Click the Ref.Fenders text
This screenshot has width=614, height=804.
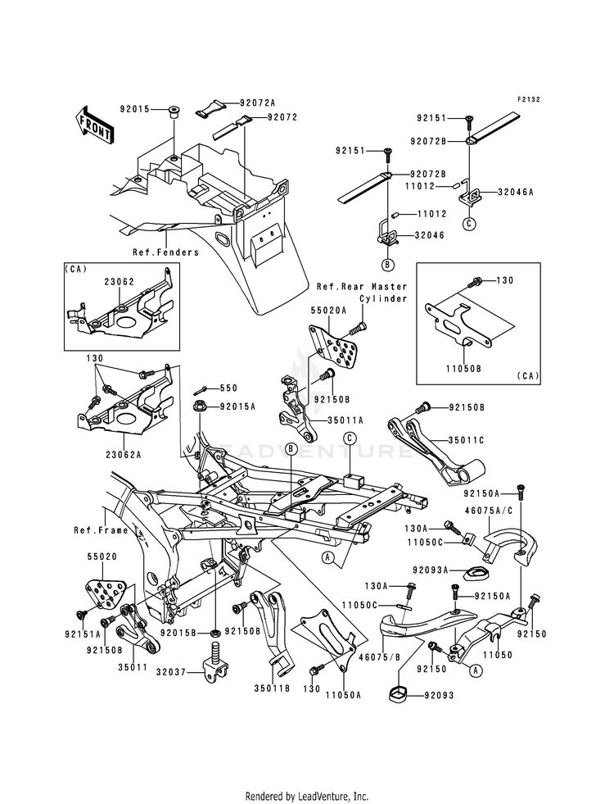coord(165,252)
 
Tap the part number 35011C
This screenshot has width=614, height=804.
coord(467,439)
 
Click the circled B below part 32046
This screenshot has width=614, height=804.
coord(387,264)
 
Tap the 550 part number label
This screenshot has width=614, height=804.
coord(228,388)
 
